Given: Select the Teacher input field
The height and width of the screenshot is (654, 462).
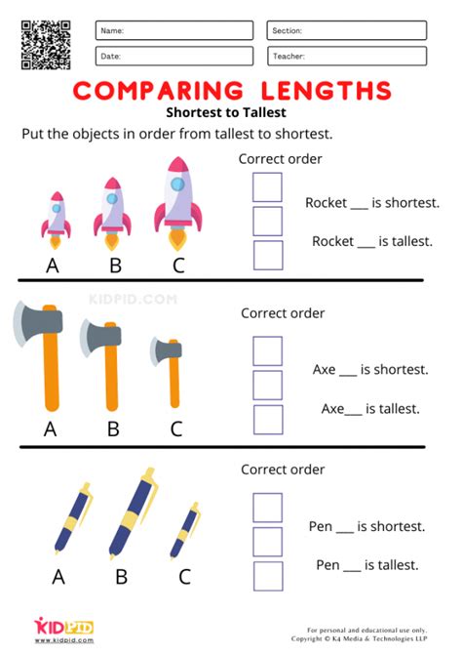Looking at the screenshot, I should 346,57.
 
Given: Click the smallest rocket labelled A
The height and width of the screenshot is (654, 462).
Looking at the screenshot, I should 57,216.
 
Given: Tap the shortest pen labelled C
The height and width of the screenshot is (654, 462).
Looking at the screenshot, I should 184,532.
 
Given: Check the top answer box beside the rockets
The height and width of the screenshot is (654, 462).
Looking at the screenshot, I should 267,187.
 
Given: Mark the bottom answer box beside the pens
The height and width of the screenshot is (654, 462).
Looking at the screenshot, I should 267,575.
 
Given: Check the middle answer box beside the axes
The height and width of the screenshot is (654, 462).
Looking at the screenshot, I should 267,385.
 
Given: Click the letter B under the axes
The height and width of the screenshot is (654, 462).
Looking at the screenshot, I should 113,428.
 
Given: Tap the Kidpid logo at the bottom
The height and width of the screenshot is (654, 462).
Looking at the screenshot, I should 64,628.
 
